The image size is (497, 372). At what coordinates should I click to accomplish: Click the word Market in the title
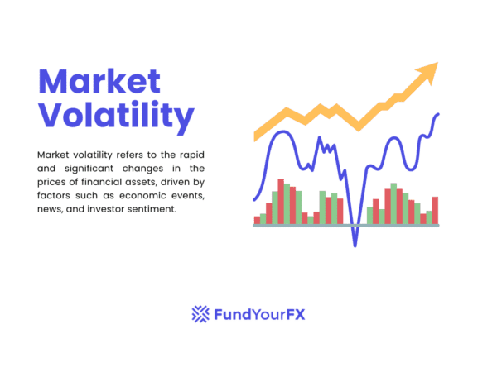99,81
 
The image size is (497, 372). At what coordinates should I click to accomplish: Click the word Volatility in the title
116,116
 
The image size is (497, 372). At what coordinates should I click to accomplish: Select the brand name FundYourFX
259,314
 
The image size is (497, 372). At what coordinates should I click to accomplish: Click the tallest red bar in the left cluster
281,201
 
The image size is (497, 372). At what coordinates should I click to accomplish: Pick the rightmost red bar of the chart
435,210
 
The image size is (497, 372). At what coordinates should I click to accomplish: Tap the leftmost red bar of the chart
257,220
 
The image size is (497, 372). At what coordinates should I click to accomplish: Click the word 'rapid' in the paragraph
190,155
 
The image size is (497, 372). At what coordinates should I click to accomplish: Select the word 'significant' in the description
89,169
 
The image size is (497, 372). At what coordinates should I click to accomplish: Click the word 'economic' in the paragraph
134,196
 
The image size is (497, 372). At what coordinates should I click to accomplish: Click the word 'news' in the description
50,210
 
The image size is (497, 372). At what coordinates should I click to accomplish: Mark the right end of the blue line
439,114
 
